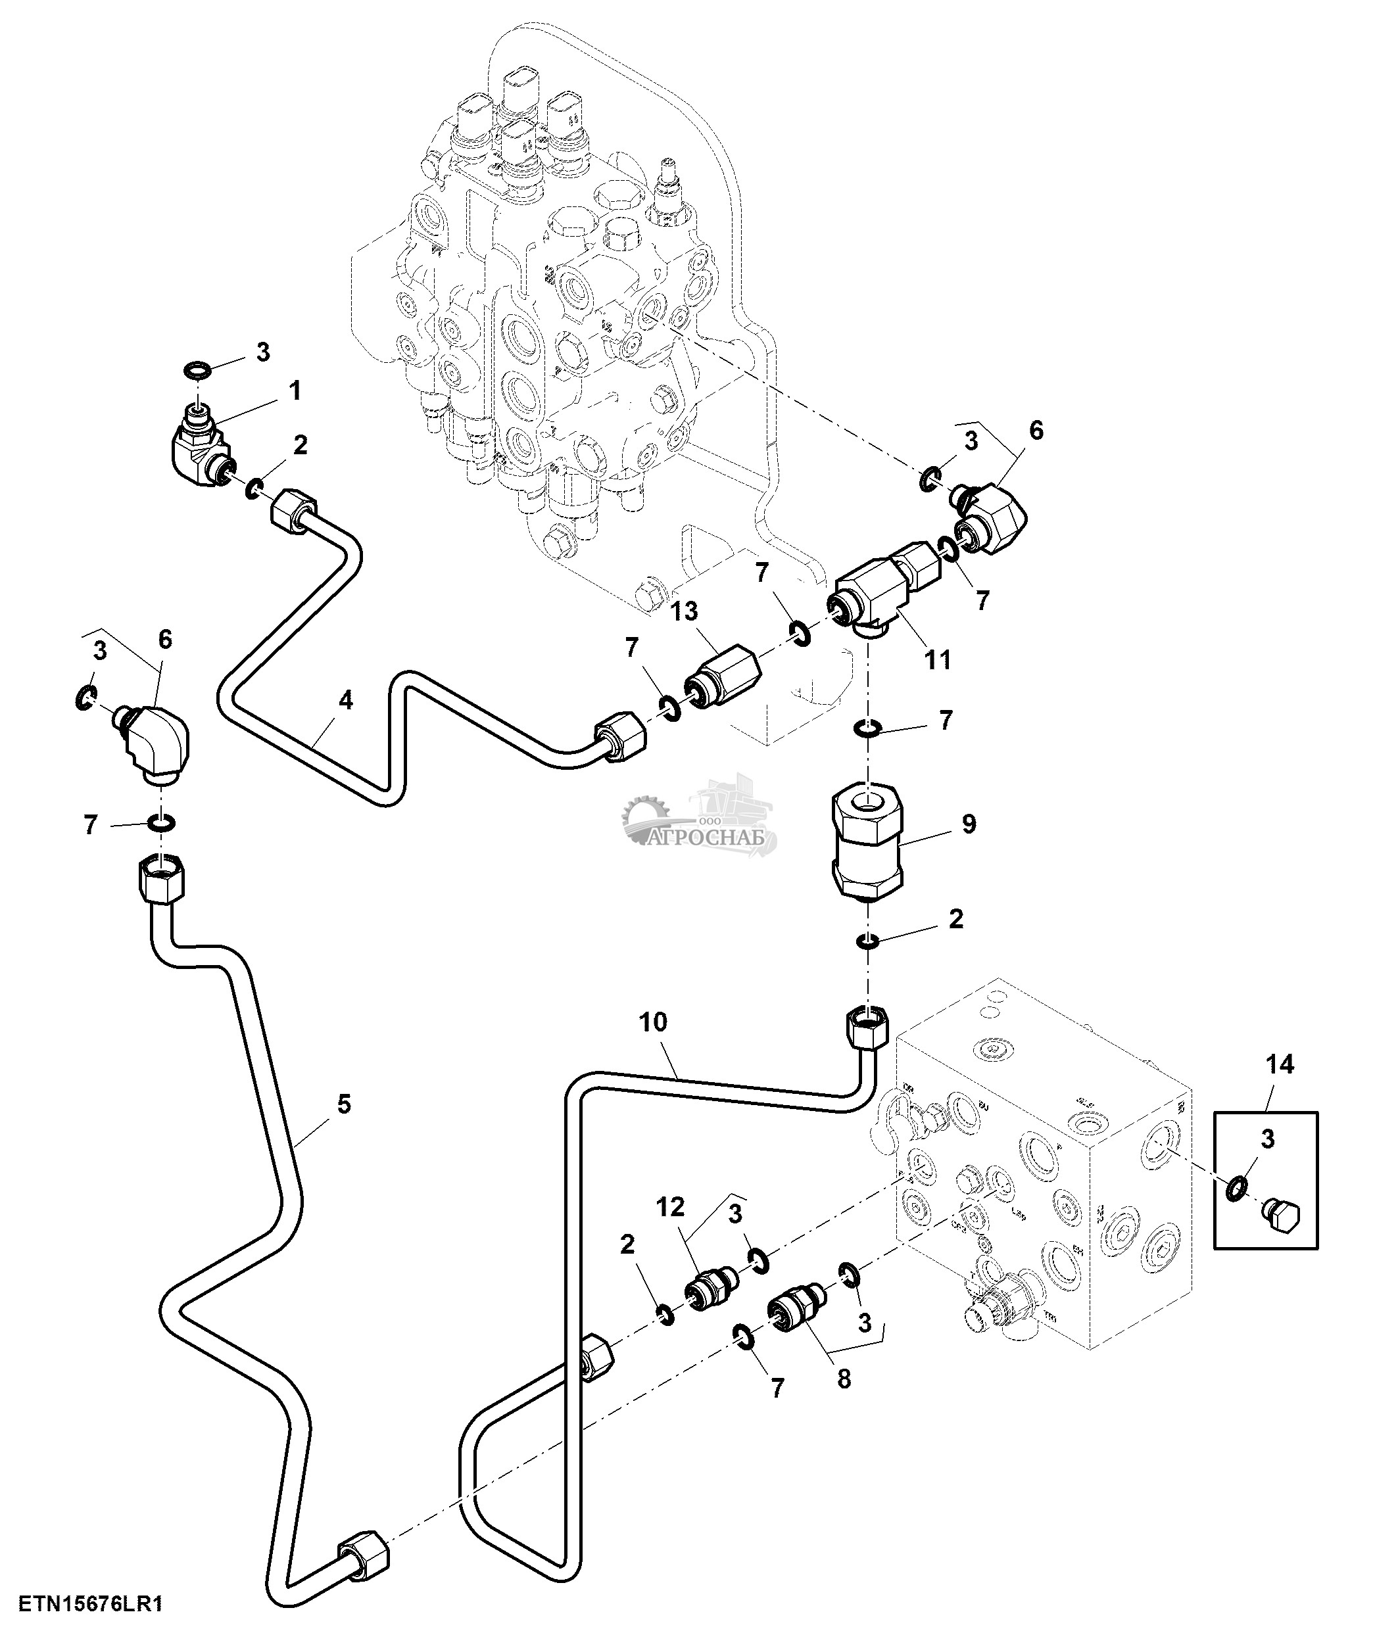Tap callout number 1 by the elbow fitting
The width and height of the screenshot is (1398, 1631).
click(x=295, y=390)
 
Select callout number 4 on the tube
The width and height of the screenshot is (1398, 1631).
click(x=345, y=699)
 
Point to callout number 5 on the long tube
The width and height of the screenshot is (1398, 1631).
click(x=343, y=1104)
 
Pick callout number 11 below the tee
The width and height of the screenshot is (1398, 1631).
click(x=938, y=659)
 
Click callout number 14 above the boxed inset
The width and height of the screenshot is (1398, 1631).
click(x=1280, y=1064)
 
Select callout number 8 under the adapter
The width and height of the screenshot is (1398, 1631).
click(x=844, y=1379)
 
